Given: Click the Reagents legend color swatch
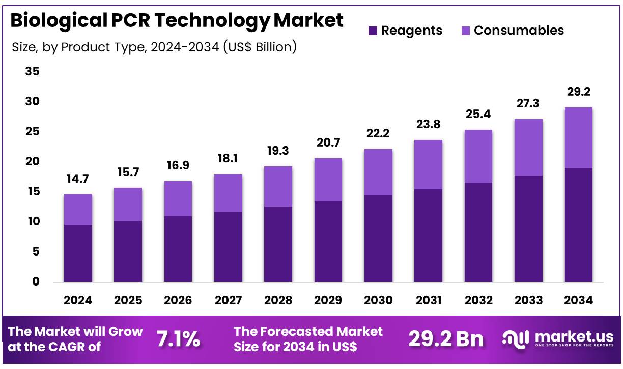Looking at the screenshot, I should point(373,31).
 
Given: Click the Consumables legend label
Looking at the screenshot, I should point(519,31).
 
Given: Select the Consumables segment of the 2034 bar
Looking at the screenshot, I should point(578,137).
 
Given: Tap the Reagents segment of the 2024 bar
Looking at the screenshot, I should point(78,253).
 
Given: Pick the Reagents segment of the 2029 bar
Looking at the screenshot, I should point(328,241).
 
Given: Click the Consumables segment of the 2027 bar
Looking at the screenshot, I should point(228,193).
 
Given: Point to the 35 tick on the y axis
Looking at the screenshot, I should point(32,72).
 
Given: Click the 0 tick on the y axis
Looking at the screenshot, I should point(36,281).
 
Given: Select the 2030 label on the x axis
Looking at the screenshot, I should point(378,300).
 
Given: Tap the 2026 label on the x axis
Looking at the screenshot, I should point(178,300).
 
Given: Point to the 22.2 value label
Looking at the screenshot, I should point(378,134).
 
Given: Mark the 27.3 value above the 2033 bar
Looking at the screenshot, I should point(528,104).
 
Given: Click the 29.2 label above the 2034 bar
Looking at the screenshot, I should point(578,92).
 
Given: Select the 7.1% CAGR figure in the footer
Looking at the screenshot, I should point(178,338).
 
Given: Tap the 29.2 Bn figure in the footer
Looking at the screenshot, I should point(446,339).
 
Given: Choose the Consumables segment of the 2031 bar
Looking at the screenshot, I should point(428,164).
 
